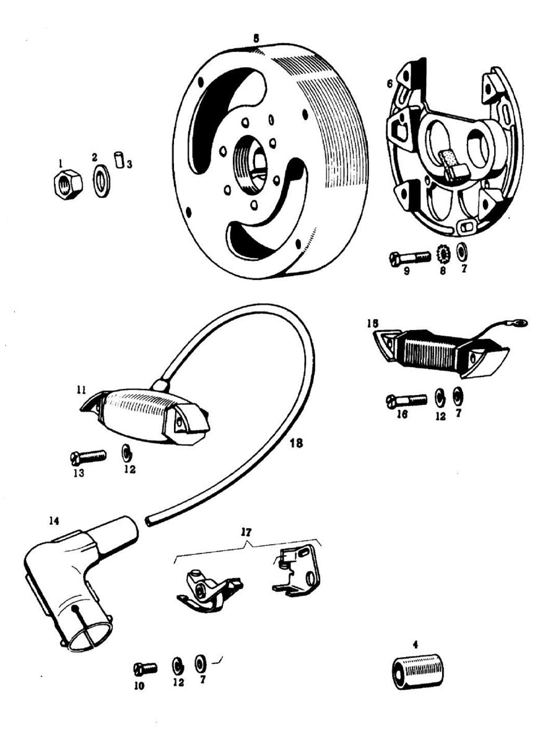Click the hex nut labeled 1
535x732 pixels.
point(65,184)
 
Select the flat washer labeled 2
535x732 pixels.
point(101,182)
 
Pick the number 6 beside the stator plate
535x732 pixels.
point(388,83)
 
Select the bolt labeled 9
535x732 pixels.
point(409,257)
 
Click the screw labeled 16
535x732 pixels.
point(406,400)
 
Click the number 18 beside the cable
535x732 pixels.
point(296,443)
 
